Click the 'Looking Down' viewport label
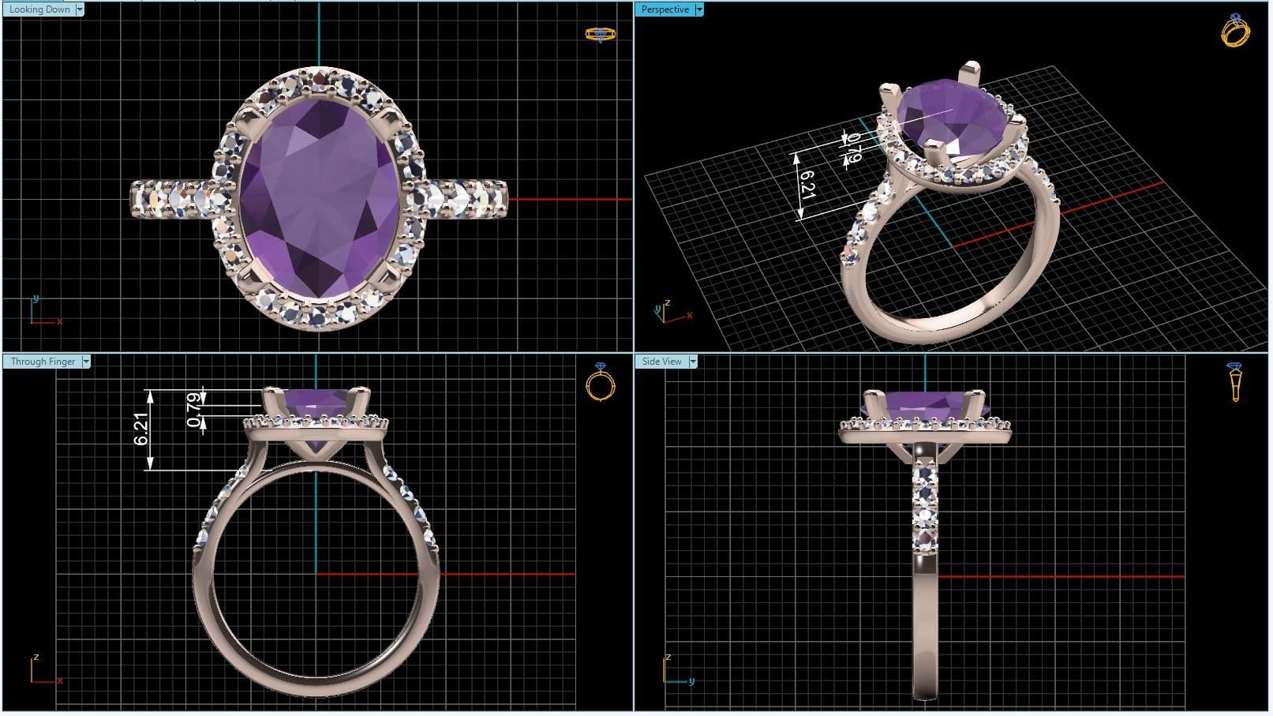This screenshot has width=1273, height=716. [39, 9]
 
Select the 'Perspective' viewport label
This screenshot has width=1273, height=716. [665, 9]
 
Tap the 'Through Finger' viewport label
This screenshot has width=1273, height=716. [43, 362]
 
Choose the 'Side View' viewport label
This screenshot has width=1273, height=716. [661, 362]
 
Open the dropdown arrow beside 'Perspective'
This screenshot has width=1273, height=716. [699, 9]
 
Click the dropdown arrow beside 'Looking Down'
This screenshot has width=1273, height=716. [80, 9]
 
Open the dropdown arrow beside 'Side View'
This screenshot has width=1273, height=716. [693, 362]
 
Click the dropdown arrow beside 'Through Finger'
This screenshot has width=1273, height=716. [86, 362]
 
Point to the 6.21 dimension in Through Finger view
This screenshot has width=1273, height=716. [141, 429]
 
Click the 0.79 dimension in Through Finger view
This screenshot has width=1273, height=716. [194, 410]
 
